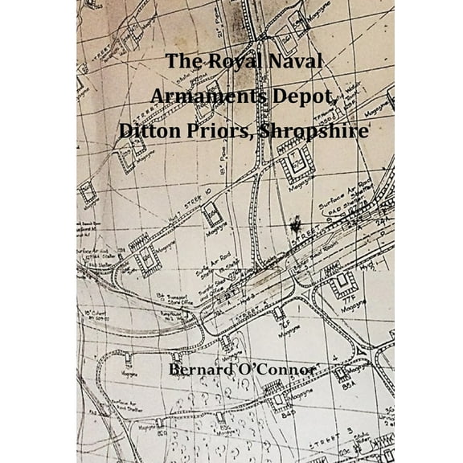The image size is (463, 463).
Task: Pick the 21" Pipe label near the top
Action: (x=239, y=152)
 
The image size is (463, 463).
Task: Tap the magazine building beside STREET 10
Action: (x=212, y=215)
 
